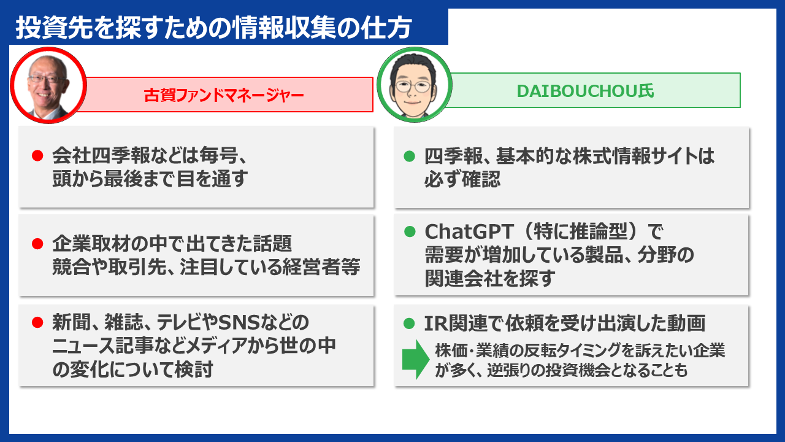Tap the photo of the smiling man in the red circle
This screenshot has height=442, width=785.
[x=47, y=85]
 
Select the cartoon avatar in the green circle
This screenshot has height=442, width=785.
[x=414, y=85]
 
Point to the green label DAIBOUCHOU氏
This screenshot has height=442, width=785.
[x=586, y=91]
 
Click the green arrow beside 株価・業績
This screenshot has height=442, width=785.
[x=415, y=360]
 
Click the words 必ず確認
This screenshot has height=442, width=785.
[x=462, y=179]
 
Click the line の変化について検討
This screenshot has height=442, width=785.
[x=133, y=370]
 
